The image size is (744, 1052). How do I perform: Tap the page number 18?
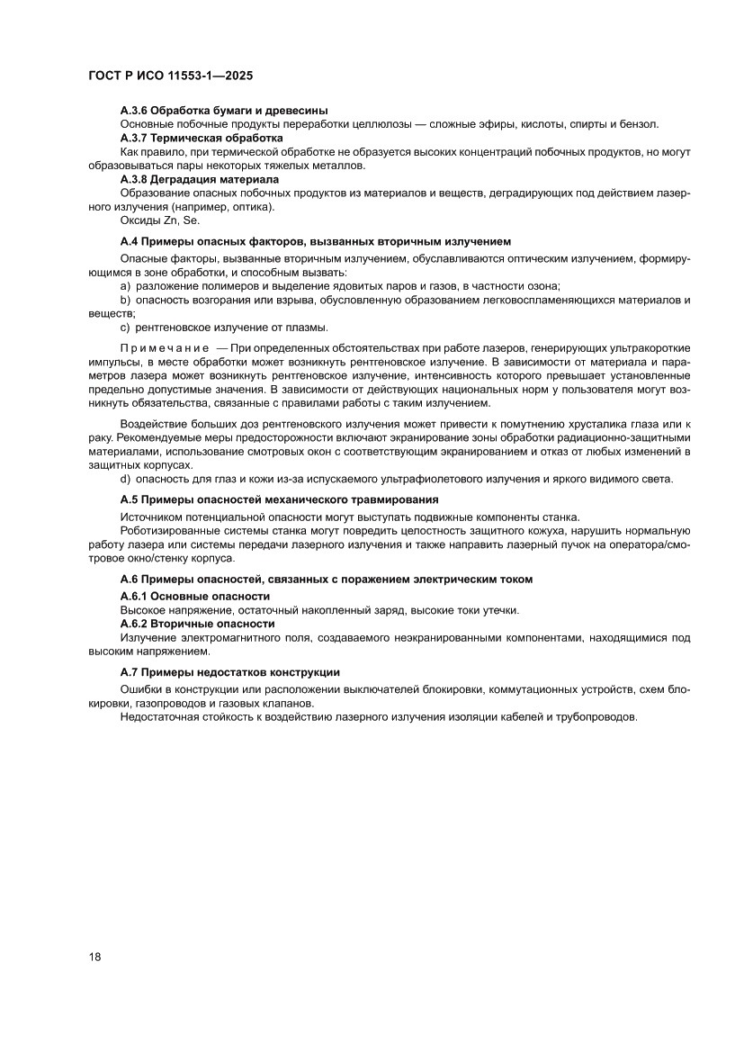click(94, 956)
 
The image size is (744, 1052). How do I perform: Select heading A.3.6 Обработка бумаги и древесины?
click(224, 110)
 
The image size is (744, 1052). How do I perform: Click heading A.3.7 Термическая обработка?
click(202, 138)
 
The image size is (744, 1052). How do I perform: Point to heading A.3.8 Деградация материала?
click(200, 179)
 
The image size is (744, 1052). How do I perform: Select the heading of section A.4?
click(316, 241)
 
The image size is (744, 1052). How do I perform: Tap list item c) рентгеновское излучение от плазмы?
click(224, 327)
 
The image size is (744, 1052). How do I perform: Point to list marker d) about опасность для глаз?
click(126, 478)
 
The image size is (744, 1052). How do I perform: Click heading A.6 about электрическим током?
click(327, 580)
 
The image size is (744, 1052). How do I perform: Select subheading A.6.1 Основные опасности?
click(195, 597)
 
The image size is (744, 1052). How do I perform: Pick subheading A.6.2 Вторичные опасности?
click(197, 624)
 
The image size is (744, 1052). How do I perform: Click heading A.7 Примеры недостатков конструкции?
click(230, 672)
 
